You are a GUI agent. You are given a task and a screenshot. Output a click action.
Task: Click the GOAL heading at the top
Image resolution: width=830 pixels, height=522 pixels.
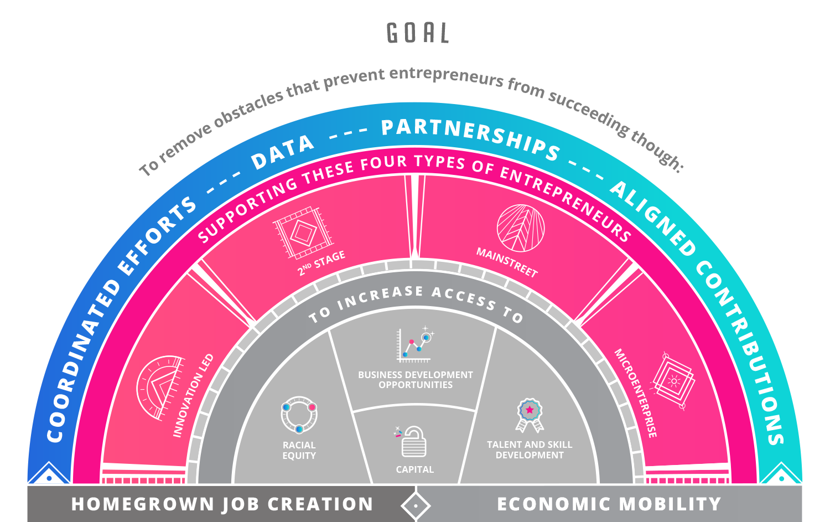pyautogui.click(x=418, y=33)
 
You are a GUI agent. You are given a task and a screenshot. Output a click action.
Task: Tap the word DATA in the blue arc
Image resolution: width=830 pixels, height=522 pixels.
pyautogui.click(x=283, y=152)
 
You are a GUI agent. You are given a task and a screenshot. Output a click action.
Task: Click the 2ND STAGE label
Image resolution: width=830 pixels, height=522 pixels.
pyautogui.click(x=321, y=263)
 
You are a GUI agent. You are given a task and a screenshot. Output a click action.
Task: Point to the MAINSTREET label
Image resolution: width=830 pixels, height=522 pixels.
pyautogui.click(x=507, y=262)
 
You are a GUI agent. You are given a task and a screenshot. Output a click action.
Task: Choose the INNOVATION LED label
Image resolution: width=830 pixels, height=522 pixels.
pyautogui.click(x=194, y=396)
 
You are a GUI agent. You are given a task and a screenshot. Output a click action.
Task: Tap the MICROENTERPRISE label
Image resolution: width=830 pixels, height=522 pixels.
pyautogui.click(x=636, y=393)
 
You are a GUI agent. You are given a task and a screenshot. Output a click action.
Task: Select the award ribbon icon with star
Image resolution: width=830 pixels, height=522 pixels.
pyautogui.click(x=530, y=415)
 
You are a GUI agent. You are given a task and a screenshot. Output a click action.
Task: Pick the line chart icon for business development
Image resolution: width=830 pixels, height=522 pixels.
pyautogui.click(x=414, y=344)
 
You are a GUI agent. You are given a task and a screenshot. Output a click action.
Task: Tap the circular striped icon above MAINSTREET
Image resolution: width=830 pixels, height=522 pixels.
pyautogui.click(x=521, y=228)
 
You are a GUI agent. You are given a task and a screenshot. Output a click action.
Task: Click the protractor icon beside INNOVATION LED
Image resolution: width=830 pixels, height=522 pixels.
pyautogui.click(x=160, y=387)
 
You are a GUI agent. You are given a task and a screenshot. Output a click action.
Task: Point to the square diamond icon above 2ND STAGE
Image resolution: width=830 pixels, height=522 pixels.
pyautogui.click(x=303, y=233)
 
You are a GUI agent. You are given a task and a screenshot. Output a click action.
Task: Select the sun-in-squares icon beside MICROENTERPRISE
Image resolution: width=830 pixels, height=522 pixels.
pyautogui.click(x=673, y=381)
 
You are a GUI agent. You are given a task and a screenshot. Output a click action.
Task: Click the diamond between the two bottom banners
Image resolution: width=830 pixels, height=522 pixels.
pyautogui.click(x=416, y=505)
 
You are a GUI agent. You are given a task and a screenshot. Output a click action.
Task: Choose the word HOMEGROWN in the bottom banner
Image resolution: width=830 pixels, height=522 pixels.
pyautogui.click(x=143, y=504)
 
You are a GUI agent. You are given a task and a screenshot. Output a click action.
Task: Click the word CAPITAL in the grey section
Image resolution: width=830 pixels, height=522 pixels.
pyautogui.click(x=414, y=470)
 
